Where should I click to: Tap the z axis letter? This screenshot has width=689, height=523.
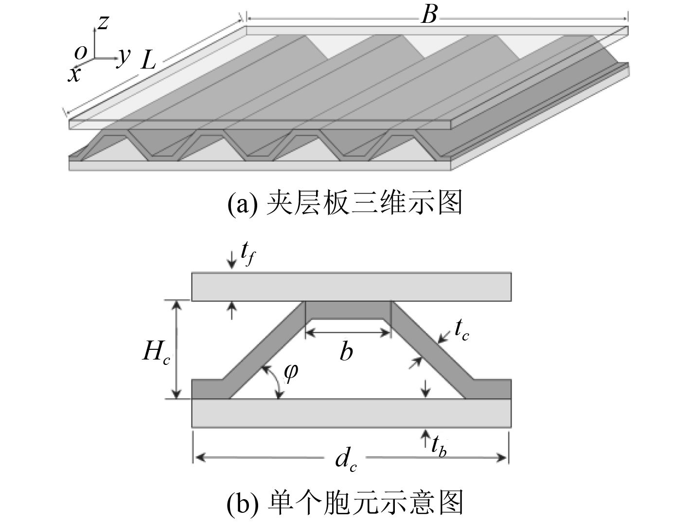pos(103,22)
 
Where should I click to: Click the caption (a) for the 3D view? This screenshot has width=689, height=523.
pos(344,203)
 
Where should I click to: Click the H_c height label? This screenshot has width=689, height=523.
pos(156,352)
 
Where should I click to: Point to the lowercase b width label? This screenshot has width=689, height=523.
pos(346,351)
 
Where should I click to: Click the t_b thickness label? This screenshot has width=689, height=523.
pos(439,445)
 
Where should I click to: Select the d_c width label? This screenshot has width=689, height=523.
pos(346,460)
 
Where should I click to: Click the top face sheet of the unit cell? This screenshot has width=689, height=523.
pos(351,287)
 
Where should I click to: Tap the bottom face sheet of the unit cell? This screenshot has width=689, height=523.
pos(351,414)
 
